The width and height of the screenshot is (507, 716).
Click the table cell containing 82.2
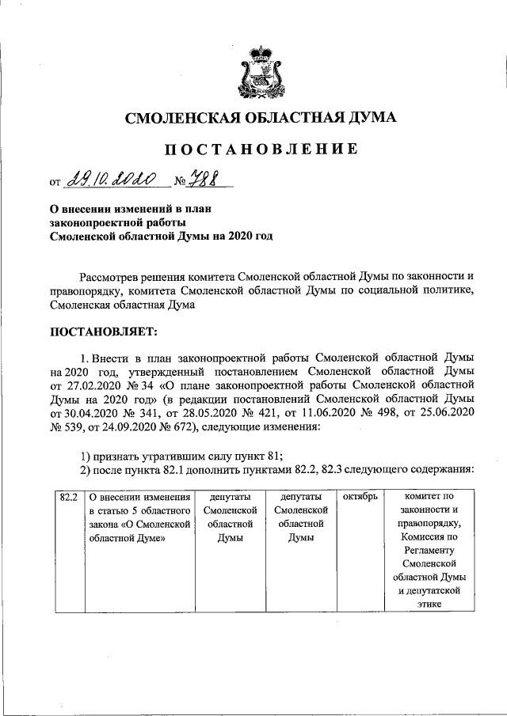pyautogui.click(x=68, y=497)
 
